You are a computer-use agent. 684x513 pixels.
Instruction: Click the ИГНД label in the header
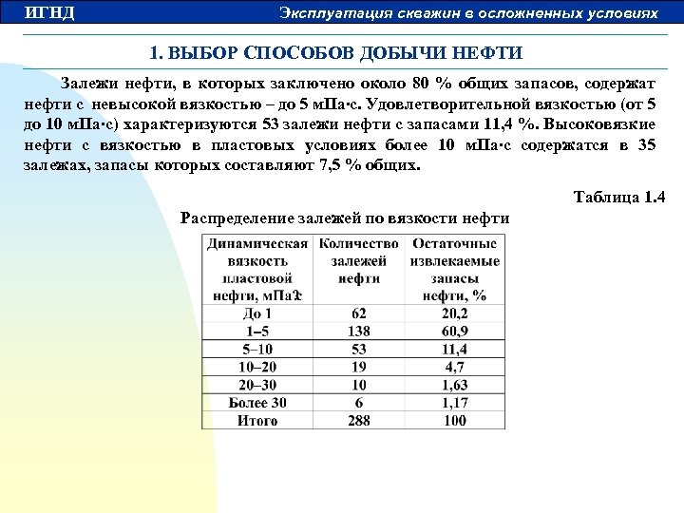pyautogui.click(x=49, y=13)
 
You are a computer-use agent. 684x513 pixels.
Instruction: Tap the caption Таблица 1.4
pyautogui.click(x=619, y=198)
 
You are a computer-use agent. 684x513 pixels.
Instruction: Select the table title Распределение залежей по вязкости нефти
pyautogui.click(x=345, y=218)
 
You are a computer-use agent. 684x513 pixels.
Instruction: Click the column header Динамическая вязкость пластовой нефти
pyautogui.click(x=257, y=269)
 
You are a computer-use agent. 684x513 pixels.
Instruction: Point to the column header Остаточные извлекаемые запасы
pyautogui.click(x=454, y=269)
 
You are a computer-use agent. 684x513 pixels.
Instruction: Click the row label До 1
pyautogui.click(x=257, y=313)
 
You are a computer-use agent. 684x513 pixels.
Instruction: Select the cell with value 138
pyautogui.click(x=359, y=331)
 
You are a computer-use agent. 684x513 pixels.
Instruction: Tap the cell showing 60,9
pyautogui.click(x=455, y=331)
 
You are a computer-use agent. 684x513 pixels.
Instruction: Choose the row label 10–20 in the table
pyautogui.click(x=257, y=367)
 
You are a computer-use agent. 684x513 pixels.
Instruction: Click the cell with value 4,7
pyautogui.click(x=455, y=367)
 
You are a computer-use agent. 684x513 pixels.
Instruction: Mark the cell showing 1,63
pyautogui.click(x=455, y=385)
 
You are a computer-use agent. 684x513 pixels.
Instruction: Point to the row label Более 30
pyautogui.click(x=257, y=403)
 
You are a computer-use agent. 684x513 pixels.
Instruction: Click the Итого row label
pyautogui.click(x=257, y=420)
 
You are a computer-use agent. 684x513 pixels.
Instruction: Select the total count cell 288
pyautogui.click(x=359, y=420)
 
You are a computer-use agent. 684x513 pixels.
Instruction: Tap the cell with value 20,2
pyautogui.click(x=455, y=313)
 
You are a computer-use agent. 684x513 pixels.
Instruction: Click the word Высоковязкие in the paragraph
pyautogui.click(x=603, y=123)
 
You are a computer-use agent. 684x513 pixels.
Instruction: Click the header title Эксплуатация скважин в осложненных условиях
pyautogui.click(x=468, y=13)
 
